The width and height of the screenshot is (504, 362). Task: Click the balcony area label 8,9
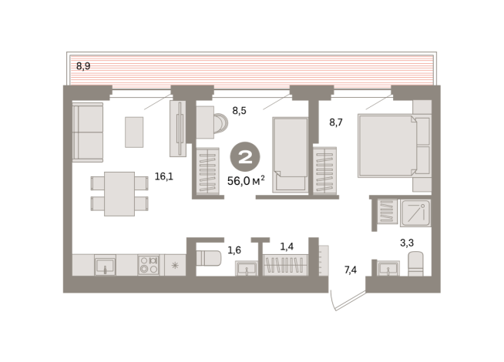point(83,66)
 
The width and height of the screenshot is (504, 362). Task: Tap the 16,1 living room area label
point(164,176)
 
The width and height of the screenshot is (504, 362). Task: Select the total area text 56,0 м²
point(246,181)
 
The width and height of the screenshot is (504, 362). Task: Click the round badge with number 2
point(245,157)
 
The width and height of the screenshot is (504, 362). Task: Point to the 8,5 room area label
point(239,111)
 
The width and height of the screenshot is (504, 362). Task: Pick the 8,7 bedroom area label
point(336,122)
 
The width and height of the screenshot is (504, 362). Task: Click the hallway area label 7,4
point(351,270)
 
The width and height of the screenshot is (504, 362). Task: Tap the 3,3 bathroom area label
point(407,243)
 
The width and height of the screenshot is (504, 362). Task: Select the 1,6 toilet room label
point(234,250)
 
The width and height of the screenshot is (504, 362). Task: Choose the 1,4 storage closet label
point(287,246)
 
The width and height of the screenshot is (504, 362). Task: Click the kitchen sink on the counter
point(105,266)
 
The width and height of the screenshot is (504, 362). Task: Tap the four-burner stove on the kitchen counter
point(149,265)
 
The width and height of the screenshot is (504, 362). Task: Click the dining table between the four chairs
point(119,193)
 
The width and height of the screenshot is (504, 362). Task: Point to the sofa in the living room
point(88,132)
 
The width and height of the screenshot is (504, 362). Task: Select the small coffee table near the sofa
point(134,132)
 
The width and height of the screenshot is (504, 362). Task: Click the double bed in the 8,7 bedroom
point(395,146)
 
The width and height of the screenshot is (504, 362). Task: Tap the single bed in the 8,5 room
point(291,155)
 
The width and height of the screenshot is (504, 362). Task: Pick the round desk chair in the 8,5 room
point(221,122)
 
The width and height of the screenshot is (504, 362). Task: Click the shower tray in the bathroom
point(415,213)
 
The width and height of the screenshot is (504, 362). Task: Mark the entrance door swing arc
point(332,300)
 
